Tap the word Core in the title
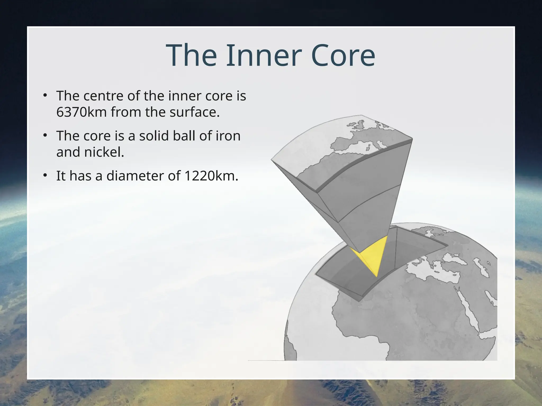click(x=343, y=56)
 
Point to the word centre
click(x=104, y=96)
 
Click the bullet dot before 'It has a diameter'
click(x=45, y=175)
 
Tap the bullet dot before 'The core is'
click(x=45, y=135)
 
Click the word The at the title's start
click(x=191, y=56)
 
